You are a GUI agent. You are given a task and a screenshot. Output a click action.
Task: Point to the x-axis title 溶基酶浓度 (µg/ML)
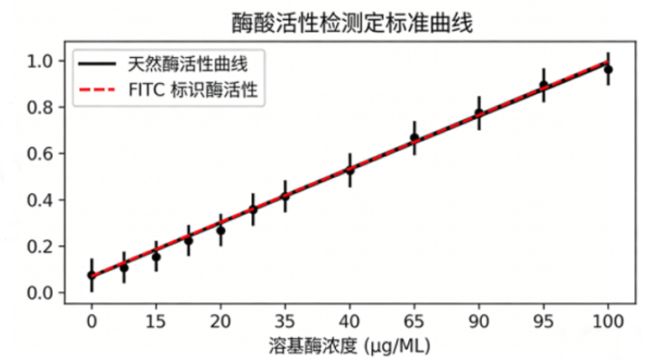pyautogui.click(x=351, y=343)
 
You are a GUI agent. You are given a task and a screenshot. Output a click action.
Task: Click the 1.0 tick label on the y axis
pyautogui.click(x=40, y=61)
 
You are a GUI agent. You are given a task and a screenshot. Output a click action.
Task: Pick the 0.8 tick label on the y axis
pyautogui.click(x=40, y=107)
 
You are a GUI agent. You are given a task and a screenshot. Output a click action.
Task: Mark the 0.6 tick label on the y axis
pyautogui.click(x=40, y=154)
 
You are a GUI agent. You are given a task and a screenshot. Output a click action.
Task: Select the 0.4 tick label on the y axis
pyautogui.click(x=40, y=200)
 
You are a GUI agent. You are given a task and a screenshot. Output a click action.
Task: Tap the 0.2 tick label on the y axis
pyautogui.click(x=40, y=247)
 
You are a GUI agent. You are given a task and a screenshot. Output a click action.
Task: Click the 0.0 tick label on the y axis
pyautogui.click(x=40, y=293)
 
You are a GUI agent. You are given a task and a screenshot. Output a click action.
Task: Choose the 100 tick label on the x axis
pyautogui.click(x=608, y=321)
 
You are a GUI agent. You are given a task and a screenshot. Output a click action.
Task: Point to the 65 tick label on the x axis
pyautogui.click(x=414, y=321)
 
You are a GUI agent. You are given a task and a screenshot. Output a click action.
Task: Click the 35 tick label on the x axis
pyautogui.click(x=285, y=321)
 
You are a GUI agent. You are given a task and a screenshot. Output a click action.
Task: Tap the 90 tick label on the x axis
pyautogui.click(x=479, y=321)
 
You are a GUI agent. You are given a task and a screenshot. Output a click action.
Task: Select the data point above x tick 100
pyautogui.click(x=608, y=70)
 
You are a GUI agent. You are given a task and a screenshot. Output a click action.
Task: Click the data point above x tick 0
pyautogui.click(x=92, y=274)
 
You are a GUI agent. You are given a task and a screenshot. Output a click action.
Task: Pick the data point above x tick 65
pyautogui.click(x=414, y=138)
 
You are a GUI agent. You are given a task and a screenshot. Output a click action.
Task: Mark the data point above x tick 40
pyautogui.click(x=349, y=170)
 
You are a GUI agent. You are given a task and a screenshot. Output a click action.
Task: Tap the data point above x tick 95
pyautogui.click(x=543, y=85)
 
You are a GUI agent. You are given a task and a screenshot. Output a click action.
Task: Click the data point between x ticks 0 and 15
pyautogui.click(x=123, y=268)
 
